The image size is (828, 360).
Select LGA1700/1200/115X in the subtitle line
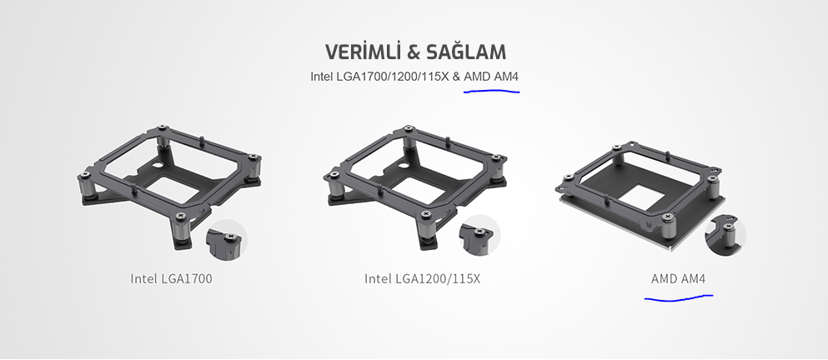point(391,77)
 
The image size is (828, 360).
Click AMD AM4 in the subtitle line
point(492,77)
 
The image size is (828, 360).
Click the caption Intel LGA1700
point(171,278)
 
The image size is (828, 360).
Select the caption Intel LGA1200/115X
point(423,278)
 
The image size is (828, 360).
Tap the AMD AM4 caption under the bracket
point(678,278)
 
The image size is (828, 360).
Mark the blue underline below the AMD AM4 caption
point(679,298)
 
